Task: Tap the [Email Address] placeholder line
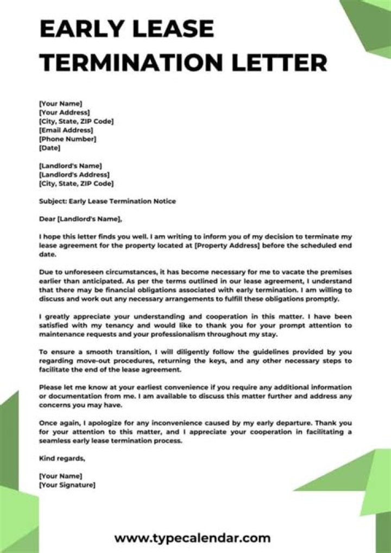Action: (x=66, y=130)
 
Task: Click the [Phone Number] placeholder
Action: (x=68, y=139)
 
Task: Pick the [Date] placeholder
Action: (x=50, y=148)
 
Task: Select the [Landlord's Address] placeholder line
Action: (x=74, y=175)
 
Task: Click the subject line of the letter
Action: (x=108, y=201)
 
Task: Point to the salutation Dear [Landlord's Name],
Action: (x=81, y=219)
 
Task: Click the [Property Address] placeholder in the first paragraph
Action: (x=225, y=246)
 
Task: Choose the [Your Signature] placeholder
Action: (x=67, y=485)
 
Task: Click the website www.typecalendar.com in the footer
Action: (x=192, y=538)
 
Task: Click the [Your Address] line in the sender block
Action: (x=65, y=112)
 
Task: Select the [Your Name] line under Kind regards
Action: (x=61, y=476)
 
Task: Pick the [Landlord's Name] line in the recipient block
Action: (x=71, y=166)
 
